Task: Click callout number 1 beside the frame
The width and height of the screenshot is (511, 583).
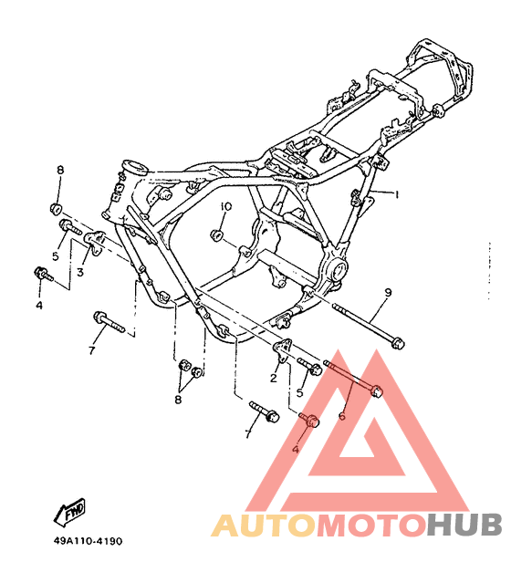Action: [396, 194]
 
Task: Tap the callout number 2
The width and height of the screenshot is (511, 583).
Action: [274, 378]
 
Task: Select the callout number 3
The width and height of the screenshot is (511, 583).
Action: [80, 272]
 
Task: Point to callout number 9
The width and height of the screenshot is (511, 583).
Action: [388, 293]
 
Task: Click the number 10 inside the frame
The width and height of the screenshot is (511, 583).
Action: [225, 206]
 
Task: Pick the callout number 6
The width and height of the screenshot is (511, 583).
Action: [342, 416]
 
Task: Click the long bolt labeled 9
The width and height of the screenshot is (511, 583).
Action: [368, 325]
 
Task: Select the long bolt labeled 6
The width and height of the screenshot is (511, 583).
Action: [353, 379]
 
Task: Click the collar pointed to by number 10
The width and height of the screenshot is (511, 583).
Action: [216, 235]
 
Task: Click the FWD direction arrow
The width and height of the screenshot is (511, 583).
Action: [69, 512]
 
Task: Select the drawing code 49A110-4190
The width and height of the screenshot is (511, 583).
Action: [88, 541]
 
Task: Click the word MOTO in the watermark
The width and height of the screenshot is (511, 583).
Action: [371, 525]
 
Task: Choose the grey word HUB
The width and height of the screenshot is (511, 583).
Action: [464, 525]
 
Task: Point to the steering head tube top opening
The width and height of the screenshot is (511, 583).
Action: [135, 166]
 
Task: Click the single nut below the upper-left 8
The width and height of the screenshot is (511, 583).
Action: [56, 209]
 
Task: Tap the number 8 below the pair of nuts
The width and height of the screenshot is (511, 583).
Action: [178, 400]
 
